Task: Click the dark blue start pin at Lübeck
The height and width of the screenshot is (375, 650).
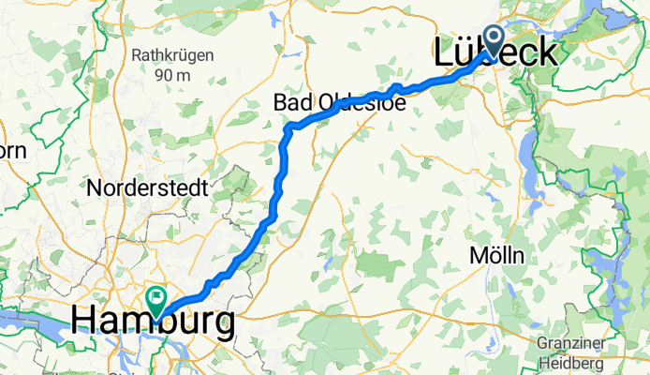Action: pos(495,36)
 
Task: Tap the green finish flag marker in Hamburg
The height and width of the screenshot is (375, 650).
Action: pos(155,298)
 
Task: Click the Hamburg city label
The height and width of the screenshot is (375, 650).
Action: pos(153,324)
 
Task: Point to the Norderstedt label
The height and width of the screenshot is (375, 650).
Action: pos(147,187)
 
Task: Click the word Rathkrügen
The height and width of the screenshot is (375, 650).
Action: pos(170,55)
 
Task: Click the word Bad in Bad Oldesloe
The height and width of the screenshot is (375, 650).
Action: pos(291,102)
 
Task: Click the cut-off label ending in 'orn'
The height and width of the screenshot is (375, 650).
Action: pos(13,150)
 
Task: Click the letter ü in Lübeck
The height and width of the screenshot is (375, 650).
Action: pos(465,53)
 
